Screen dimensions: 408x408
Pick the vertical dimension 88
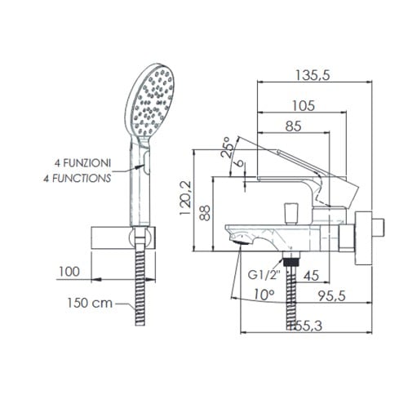pyautogui.click(x=206, y=214)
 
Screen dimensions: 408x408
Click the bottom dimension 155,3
pyautogui.click(x=304, y=326)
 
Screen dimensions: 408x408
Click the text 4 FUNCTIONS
pyautogui.click(x=78, y=175)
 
